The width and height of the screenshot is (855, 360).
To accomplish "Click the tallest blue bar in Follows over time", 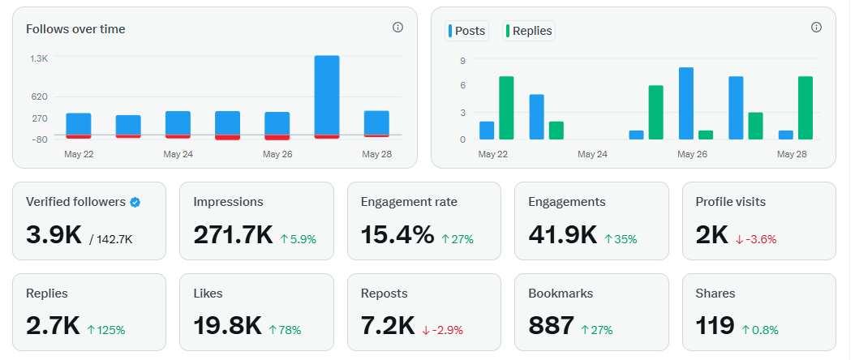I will click(x=326, y=94).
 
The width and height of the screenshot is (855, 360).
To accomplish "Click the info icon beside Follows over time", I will click(x=397, y=28).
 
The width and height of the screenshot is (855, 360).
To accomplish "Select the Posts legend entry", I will click(x=466, y=31).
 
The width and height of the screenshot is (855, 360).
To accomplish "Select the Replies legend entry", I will click(x=529, y=31).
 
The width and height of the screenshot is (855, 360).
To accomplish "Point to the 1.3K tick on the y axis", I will click(x=39, y=59).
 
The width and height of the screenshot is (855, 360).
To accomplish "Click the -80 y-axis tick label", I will click(x=39, y=139).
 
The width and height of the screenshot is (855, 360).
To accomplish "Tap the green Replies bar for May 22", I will click(x=506, y=108).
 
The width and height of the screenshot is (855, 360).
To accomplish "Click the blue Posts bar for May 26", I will click(x=685, y=103).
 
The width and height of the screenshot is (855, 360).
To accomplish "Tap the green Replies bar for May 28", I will click(x=805, y=108).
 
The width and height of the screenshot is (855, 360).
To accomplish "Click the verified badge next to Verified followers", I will click(x=135, y=202).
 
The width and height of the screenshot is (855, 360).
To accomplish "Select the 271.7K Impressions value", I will click(x=233, y=235).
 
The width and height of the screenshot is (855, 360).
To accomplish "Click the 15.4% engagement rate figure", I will click(x=397, y=235).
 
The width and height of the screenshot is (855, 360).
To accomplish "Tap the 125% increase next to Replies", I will click(x=106, y=330).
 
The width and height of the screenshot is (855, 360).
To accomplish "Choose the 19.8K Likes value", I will click(x=227, y=326).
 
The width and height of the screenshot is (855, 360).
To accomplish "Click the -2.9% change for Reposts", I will click(x=444, y=330).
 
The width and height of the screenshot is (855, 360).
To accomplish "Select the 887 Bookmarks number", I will click(x=551, y=326).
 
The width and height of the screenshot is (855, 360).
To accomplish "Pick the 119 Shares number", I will click(x=715, y=326).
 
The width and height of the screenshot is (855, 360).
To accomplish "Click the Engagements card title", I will click(x=565, y=202).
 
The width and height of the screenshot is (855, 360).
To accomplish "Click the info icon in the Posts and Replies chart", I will click(x=816, y=28).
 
